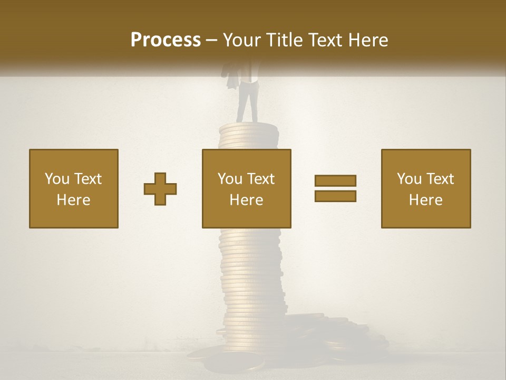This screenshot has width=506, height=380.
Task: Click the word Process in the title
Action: click(166, 40)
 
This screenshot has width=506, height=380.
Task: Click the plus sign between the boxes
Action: click(160, 189)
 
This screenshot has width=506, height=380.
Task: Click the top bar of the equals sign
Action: click(335, 180)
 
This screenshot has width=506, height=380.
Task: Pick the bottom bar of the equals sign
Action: click(335, 196)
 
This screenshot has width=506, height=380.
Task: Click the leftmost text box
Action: click(74, 188)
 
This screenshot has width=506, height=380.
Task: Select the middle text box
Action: click(246, 188)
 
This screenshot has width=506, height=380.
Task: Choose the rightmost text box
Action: click(426, 188)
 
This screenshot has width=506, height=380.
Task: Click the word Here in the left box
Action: click(74, 200)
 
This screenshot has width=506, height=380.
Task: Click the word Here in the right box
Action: click(426, 200)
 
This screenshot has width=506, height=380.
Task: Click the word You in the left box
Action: click(57, 179)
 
